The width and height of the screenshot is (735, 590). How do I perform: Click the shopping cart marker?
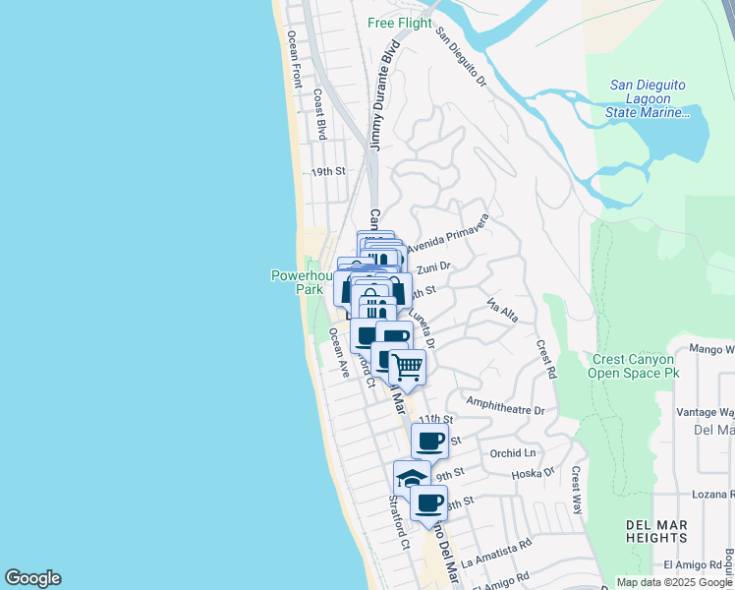407,368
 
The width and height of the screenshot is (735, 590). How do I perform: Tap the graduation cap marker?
412,478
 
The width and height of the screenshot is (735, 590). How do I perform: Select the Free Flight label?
400,23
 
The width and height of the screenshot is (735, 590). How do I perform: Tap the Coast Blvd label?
318,116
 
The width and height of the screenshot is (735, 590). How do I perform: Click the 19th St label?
329,171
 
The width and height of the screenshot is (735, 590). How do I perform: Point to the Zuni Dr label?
433,266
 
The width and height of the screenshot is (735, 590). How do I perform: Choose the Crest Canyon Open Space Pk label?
636,367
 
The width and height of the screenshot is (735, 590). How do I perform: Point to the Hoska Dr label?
535,473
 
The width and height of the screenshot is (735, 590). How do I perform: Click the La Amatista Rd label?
495,550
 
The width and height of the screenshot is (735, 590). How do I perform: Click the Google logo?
32,578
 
